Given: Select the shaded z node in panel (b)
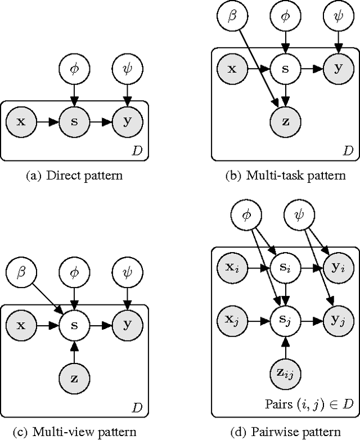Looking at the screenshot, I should coord(286,120).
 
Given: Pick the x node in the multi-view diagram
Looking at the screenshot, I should coord(21,325).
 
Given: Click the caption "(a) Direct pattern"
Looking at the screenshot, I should coord(74,176).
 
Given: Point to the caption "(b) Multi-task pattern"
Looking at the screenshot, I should coord(285,176).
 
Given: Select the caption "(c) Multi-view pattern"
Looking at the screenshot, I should coord(74,432).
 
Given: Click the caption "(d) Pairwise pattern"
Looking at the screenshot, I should coord(285,432).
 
